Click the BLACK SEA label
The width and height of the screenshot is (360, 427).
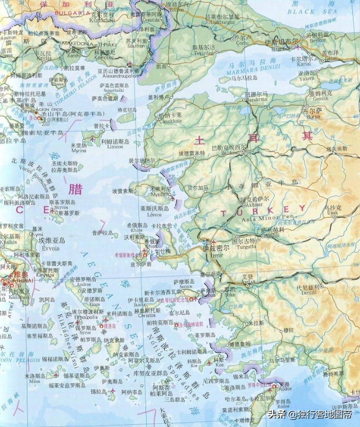coord(310,10)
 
